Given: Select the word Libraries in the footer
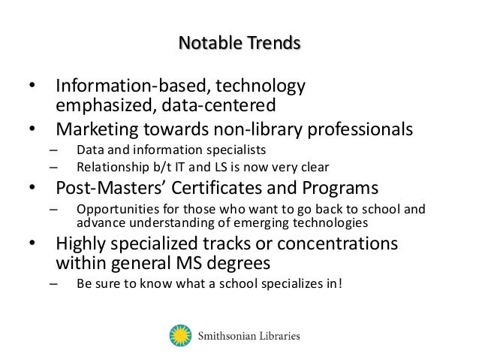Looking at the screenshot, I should (278, 335).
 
